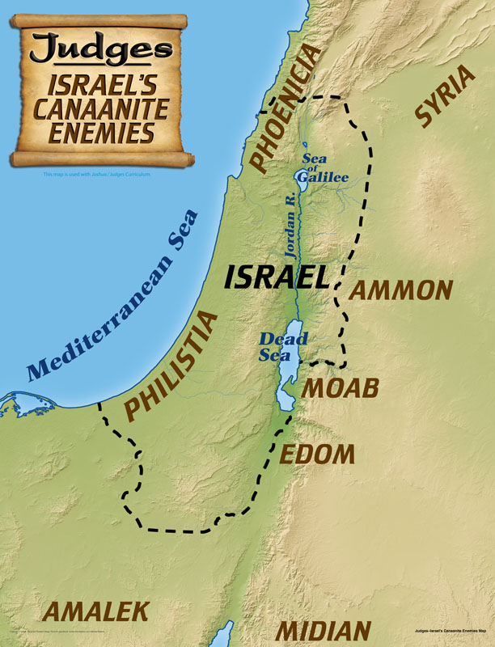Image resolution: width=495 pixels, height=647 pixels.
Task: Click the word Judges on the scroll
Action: [101, 49]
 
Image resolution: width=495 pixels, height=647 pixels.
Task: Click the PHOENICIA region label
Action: [285, 111]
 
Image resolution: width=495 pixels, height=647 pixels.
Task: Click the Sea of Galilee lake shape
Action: [299, 184]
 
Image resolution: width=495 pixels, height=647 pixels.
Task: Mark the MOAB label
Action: [340, 389]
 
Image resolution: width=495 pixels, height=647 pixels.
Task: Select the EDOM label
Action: [317, 454]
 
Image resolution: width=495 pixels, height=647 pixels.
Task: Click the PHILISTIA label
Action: [172, 368]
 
